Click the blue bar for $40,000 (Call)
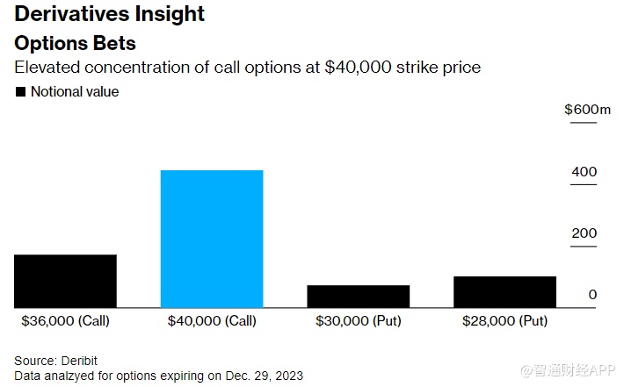point(211,238)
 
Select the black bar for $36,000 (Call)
point(65,281)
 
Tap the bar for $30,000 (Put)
point(358,296)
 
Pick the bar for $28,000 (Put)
point(504,291)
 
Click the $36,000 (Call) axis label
point(65,321)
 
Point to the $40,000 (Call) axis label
point(212,321)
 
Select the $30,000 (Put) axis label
point(358,321)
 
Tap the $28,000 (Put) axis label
point(504,321)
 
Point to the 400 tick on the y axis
point(584,171)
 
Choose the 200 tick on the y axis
point(584,233)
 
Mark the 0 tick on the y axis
point(592,294)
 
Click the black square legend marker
point(19,91)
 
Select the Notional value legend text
point(75,91)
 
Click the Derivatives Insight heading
point(109,15)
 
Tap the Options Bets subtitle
point(75,42)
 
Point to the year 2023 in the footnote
point(288,376)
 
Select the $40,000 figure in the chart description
point(354,67)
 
